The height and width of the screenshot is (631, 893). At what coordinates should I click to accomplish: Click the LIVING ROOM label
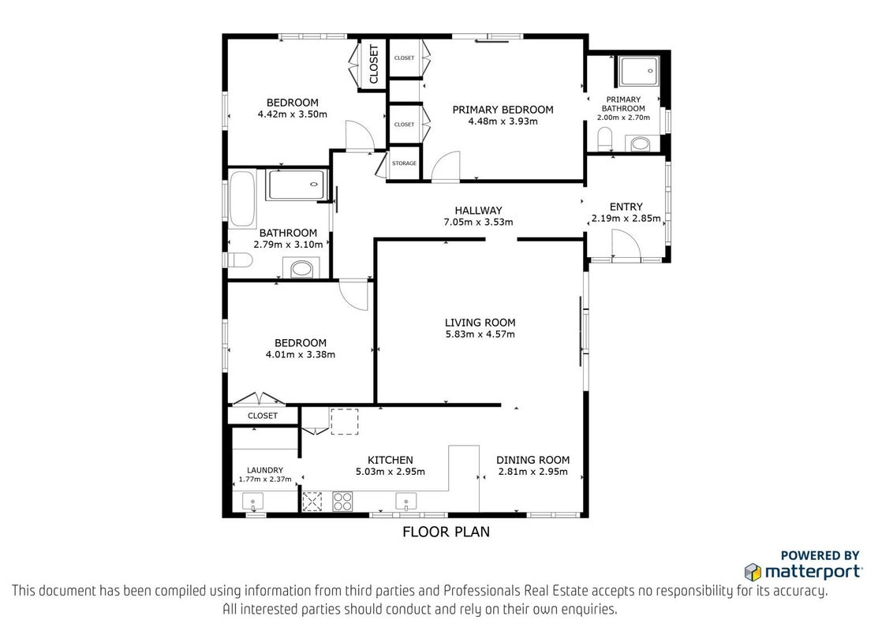[x=480, y=323]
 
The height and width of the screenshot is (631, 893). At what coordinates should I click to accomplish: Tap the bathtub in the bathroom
[x=242, y=199]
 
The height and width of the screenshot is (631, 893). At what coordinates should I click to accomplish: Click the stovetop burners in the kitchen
[x=342, y=501]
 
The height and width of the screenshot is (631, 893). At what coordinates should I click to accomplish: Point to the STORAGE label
[x=405, y=163]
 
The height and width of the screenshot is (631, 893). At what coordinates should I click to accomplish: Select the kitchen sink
[x=406, y=502]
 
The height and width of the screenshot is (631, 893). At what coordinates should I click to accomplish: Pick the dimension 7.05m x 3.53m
[x=478, y=222]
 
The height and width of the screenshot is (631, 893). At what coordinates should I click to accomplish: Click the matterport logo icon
[x=753, y=572]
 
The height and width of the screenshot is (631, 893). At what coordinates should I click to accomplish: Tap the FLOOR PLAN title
[x=446, y=532]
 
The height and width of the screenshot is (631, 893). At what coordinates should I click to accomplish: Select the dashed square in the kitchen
[x=345, y=421]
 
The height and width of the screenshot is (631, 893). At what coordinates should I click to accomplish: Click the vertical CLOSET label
[x=374, y=65]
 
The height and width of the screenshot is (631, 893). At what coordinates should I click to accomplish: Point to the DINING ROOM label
[x=532, y=460]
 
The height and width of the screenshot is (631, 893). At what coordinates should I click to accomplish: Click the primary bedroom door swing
[x=446, y=166]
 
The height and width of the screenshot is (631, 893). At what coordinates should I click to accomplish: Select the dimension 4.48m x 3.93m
[x=503, y=121]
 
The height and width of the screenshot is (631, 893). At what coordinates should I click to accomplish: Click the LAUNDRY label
[x=265, y=470]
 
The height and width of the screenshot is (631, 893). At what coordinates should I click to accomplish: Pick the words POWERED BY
[x=820, y=555]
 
